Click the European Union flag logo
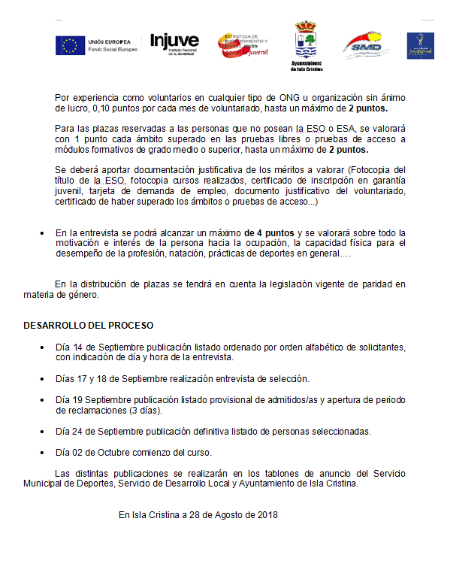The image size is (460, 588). [70, 45]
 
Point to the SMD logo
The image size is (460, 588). [366, 46]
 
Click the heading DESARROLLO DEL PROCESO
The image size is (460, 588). [88, 325]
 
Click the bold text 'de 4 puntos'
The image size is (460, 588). [269, 233]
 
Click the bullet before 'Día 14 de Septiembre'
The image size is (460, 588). [42, 348]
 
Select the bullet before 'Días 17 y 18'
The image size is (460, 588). [42, 379]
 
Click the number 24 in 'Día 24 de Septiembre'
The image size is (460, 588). [77, 432]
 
